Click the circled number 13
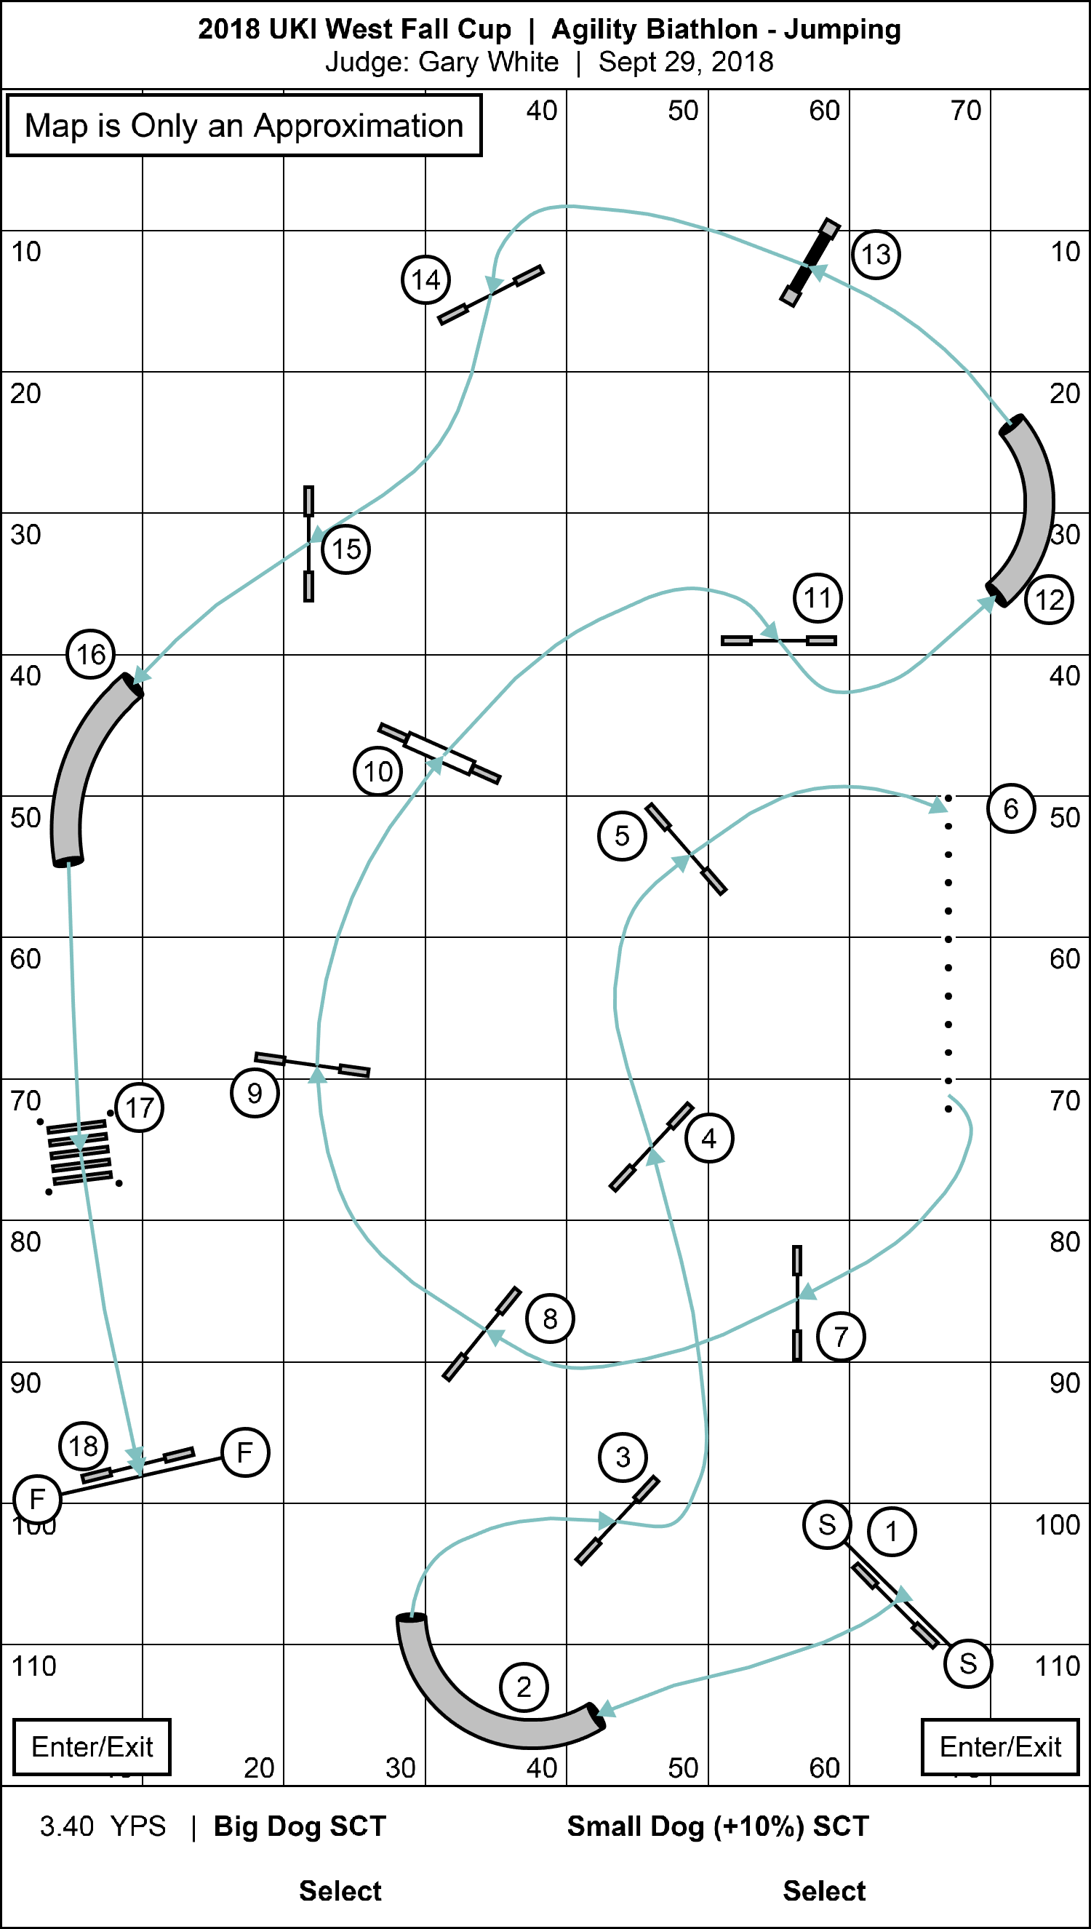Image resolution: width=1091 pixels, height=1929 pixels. point(876,255)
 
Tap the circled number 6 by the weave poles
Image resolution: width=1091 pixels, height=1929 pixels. point(1011,808)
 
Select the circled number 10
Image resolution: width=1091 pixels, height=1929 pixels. point(377,771)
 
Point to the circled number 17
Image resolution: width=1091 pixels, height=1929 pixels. point(140,1107)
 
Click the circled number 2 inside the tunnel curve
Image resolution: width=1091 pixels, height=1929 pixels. point(524,1687)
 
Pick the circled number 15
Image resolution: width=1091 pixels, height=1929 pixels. point(346,549)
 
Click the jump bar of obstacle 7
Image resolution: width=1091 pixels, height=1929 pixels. point(797,1303)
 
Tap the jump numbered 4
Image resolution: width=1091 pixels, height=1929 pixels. point(651,1147)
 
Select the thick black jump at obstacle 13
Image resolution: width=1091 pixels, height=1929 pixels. point(810,262)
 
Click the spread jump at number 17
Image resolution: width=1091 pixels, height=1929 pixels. point(79,1153)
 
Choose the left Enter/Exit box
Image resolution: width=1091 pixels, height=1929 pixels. point(92,1747)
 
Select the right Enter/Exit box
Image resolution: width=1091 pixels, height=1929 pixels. point(999,1747)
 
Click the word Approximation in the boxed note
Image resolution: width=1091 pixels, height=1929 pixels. point(358,126)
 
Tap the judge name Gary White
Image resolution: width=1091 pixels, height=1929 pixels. point(489,61)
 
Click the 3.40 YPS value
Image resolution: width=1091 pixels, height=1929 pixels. point(103,1827)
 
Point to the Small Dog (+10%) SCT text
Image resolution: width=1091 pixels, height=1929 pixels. point(718,1827)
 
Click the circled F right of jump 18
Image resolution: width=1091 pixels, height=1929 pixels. point(245,1452)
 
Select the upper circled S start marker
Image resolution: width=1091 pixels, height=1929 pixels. point(826,1524)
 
